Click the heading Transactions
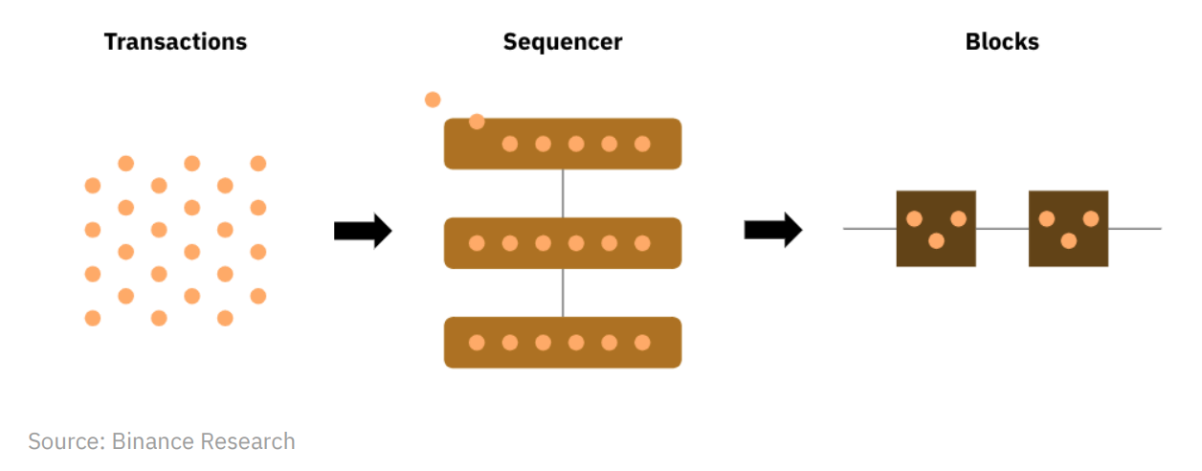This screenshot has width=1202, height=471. [x=175, y=42]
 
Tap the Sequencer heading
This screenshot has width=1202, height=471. [x=563, y=42]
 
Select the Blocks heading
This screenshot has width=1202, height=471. [x=1002, y=42]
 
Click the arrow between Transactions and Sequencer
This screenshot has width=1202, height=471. [x=363, y=231]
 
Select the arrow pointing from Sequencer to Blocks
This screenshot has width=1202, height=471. [x=773, y=230]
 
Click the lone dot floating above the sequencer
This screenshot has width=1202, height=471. [x=433, y=100]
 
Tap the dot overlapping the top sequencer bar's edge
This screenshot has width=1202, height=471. [x=477, y=122]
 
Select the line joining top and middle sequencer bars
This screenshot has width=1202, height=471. [x=563, y=193]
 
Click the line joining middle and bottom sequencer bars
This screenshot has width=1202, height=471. [x=563, y=292]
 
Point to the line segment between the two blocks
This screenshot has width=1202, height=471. [x=1002, y=229]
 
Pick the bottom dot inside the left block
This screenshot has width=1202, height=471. [x=936, y=241]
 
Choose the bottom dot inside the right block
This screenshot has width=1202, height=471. [x=1068, y=241]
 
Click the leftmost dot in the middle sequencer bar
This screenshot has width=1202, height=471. [x=477, y=243]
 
